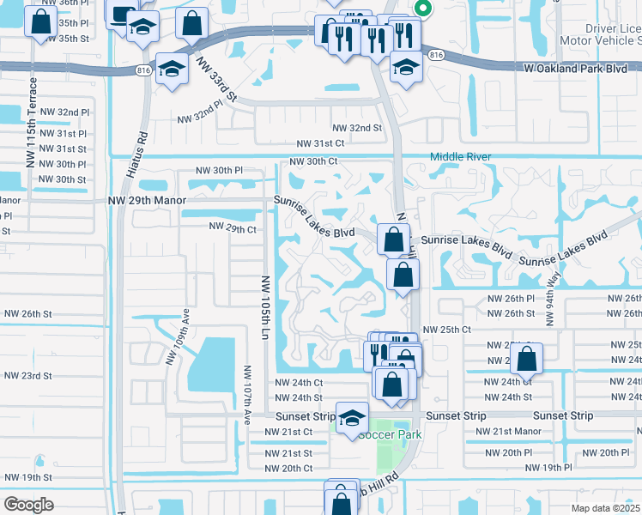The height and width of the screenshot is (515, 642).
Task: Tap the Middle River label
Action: click(460, 156)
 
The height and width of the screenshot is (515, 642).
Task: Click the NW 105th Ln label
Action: click(265, 305)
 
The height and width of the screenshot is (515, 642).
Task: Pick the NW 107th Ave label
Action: click(246, 394)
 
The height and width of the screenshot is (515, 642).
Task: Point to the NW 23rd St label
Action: click(27, 376)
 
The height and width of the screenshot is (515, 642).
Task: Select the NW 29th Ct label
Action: click(233, 229)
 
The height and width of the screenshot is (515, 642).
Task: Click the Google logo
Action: click(29, 504)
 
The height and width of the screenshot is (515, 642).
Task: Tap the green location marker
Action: click(421, 9)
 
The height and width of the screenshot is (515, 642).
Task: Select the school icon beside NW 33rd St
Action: click(172, 70)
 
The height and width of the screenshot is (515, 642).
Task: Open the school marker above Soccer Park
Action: click(351, 419)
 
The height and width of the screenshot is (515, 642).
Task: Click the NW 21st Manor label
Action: click(509, 431)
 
